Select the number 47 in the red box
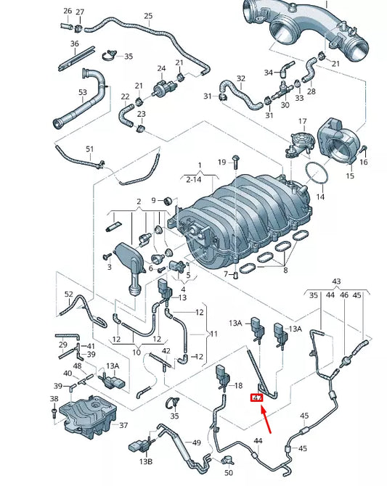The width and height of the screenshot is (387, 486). pos(256,398)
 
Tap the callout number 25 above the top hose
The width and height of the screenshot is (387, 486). pos(148,16)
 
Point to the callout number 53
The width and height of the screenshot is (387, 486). pos(83,92)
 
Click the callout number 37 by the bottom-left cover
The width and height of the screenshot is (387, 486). pos(123,426)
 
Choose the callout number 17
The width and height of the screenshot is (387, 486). pos(303,121)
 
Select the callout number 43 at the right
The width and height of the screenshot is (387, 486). pos(336,281)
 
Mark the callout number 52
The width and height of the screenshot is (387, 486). pos(68,295)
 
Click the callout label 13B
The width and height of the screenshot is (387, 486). pos(146,461)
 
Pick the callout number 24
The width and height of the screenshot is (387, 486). pos(162,69)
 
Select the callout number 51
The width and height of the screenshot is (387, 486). pos(90,149)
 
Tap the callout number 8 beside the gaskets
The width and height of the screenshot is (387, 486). pos(285,270)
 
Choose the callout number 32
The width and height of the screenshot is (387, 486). pos(241,78)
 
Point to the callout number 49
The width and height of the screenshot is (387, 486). pos(196,442)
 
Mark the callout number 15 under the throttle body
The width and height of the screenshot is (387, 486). pos(350,176)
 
